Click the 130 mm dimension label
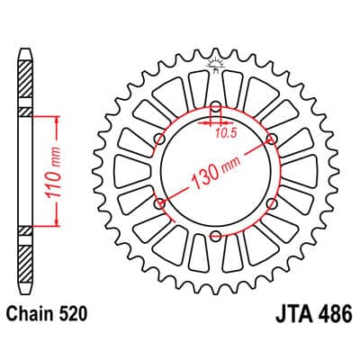(x=215, y=173)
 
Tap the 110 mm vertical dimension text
(x=54, y=172)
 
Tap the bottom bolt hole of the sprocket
(x=215, y=236)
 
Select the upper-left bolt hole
(x=159, y=139)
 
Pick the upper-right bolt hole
(x=272, y=139)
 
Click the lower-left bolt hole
(x=159, y=203)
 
